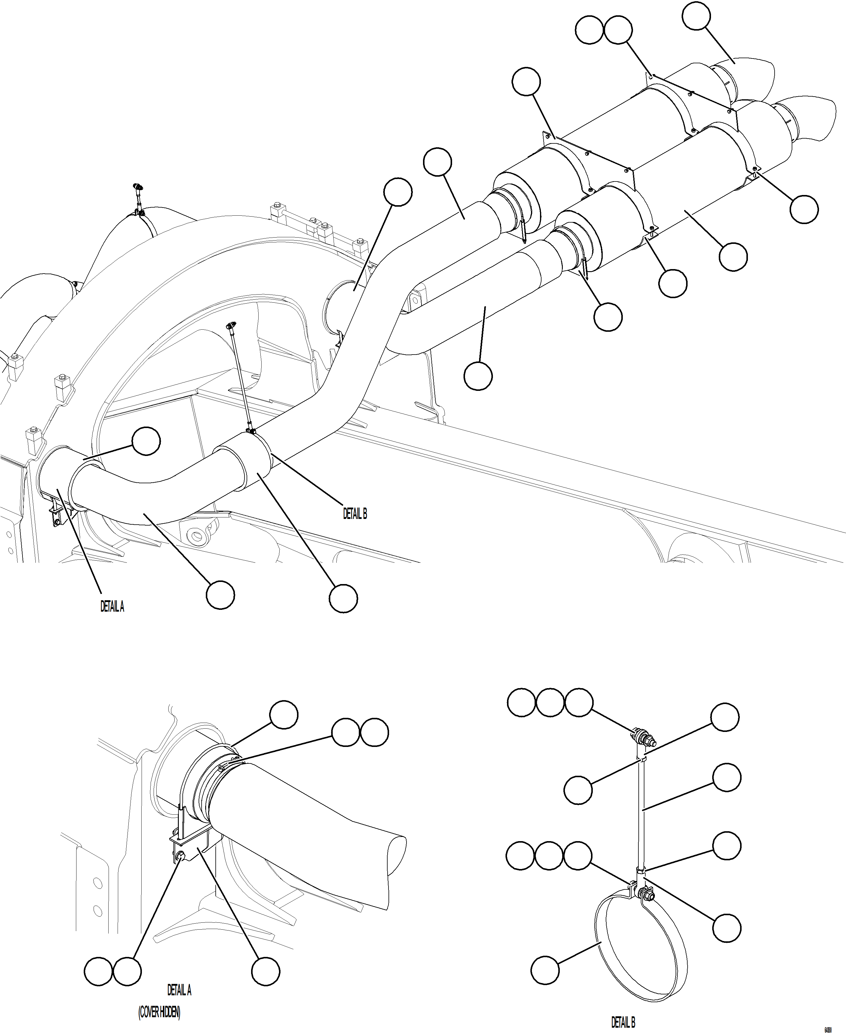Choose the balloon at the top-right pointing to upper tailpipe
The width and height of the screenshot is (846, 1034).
pyautogui.click(x=696, y=16)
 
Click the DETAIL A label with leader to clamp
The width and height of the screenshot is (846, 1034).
pyautogui.click(x=112, y=606)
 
